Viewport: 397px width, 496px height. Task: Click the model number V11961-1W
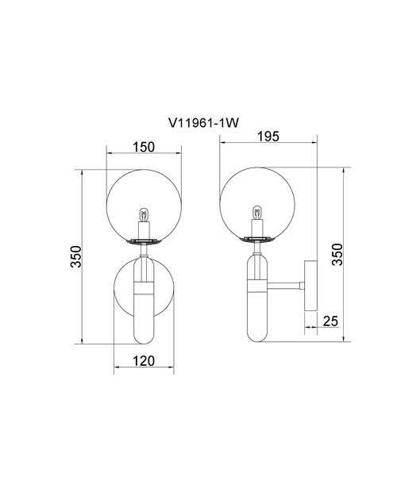tap(203, 123)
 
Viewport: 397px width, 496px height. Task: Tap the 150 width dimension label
tap(144, 147)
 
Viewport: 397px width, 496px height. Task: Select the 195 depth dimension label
tap(268, 136)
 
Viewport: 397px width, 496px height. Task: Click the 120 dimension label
tap(144, 361)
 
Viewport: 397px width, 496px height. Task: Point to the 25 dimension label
tap(330, 321)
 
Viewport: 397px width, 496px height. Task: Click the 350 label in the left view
tap(76, 256)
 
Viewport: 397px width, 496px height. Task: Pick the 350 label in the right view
tap(337, 255)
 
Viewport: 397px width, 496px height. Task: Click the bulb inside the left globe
tap(144, 215)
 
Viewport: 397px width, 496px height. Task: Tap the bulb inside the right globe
tap(257, 213)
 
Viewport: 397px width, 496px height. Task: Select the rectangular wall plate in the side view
tap(310, 286)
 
